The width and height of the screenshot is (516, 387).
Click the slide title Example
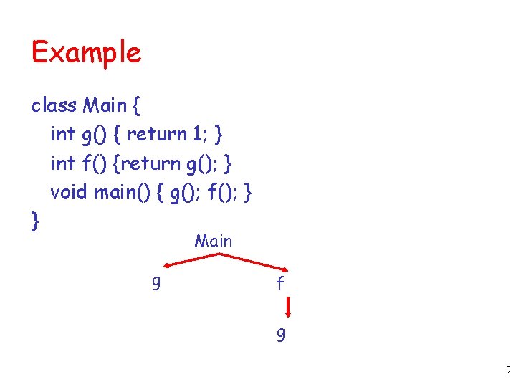coord(86,53)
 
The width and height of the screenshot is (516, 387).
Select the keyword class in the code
coord(54,105)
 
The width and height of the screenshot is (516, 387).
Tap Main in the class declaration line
coord(105,105)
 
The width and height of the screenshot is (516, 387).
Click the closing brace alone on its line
coord(34,221)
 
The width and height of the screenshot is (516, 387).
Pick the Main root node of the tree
coord(213,241)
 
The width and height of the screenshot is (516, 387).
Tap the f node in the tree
coord(280,284)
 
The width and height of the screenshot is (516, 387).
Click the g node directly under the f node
coord(280,335)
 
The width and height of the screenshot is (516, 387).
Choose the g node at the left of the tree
coord(156,285)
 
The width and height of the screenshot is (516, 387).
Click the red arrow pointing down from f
coord(287,309)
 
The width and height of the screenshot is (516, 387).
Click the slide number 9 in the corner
coord(507,371)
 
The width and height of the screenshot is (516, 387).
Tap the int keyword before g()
coord(62,134)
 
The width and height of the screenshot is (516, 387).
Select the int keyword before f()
coord(62,163)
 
